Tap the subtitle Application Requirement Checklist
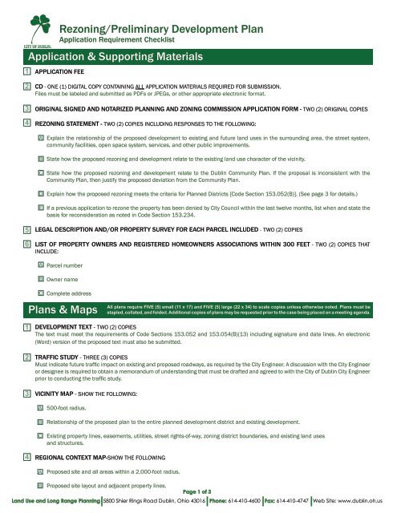point(132,38)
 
